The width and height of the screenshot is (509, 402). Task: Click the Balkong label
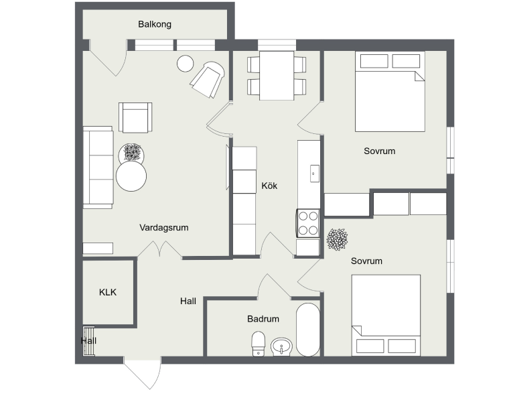point(155,24)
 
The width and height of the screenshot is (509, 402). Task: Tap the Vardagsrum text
point(164,228)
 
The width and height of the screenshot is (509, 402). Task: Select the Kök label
point(269,186)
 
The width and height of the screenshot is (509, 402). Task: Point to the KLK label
point(108,292)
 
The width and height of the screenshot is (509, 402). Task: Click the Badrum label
point(263,319)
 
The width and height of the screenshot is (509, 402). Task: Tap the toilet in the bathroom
point(259,344)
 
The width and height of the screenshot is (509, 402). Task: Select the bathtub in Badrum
point(308,330)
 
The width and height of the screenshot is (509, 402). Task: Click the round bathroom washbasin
point(281,346)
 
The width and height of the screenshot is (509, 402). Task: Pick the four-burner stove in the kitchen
point(308,223)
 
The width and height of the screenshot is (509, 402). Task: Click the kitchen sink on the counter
point(315,174)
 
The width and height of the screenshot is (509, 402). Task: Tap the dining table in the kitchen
point(277,75)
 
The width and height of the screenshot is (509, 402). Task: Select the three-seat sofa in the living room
point(98,167)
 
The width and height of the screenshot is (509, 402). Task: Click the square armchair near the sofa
point(135,117)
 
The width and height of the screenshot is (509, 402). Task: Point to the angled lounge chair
point(208,80)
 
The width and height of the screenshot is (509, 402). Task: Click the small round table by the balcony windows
point(186,64)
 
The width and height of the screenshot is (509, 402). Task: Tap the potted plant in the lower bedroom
point(337,239)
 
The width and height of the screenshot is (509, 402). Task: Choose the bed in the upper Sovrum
point(390,91)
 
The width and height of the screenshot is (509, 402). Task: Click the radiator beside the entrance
point(88,341)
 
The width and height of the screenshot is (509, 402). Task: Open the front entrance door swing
point(143,373)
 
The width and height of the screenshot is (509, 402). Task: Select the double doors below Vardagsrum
point(159,249)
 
